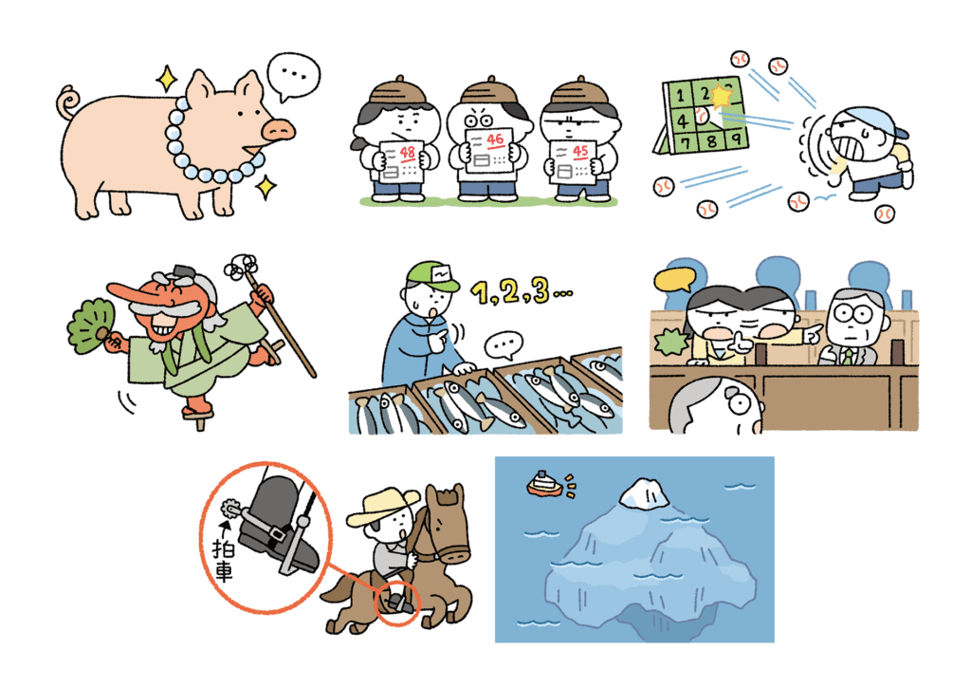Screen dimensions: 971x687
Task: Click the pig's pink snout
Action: pyautogui.click(x=278, y=129)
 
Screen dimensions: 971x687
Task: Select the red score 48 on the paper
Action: pyautogui.click(x=407, y=153)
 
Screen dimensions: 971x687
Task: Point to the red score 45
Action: pyautogui.click(x=580, y=151)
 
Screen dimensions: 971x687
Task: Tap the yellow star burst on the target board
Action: pyautogui.click(x=722, y=96)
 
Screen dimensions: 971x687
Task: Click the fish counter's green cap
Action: pyautogui.click(x=432, y=276)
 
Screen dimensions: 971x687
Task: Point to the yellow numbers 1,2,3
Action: pyautogui.click(x=522, y=291)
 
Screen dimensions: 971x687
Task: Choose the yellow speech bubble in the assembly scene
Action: pyautogui.click(x=675, y=280)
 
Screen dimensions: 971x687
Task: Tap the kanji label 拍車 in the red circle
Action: pyautogui.click(x=222, y=560)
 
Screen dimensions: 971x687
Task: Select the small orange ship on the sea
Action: pyautogui.click(x=545, y=484)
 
